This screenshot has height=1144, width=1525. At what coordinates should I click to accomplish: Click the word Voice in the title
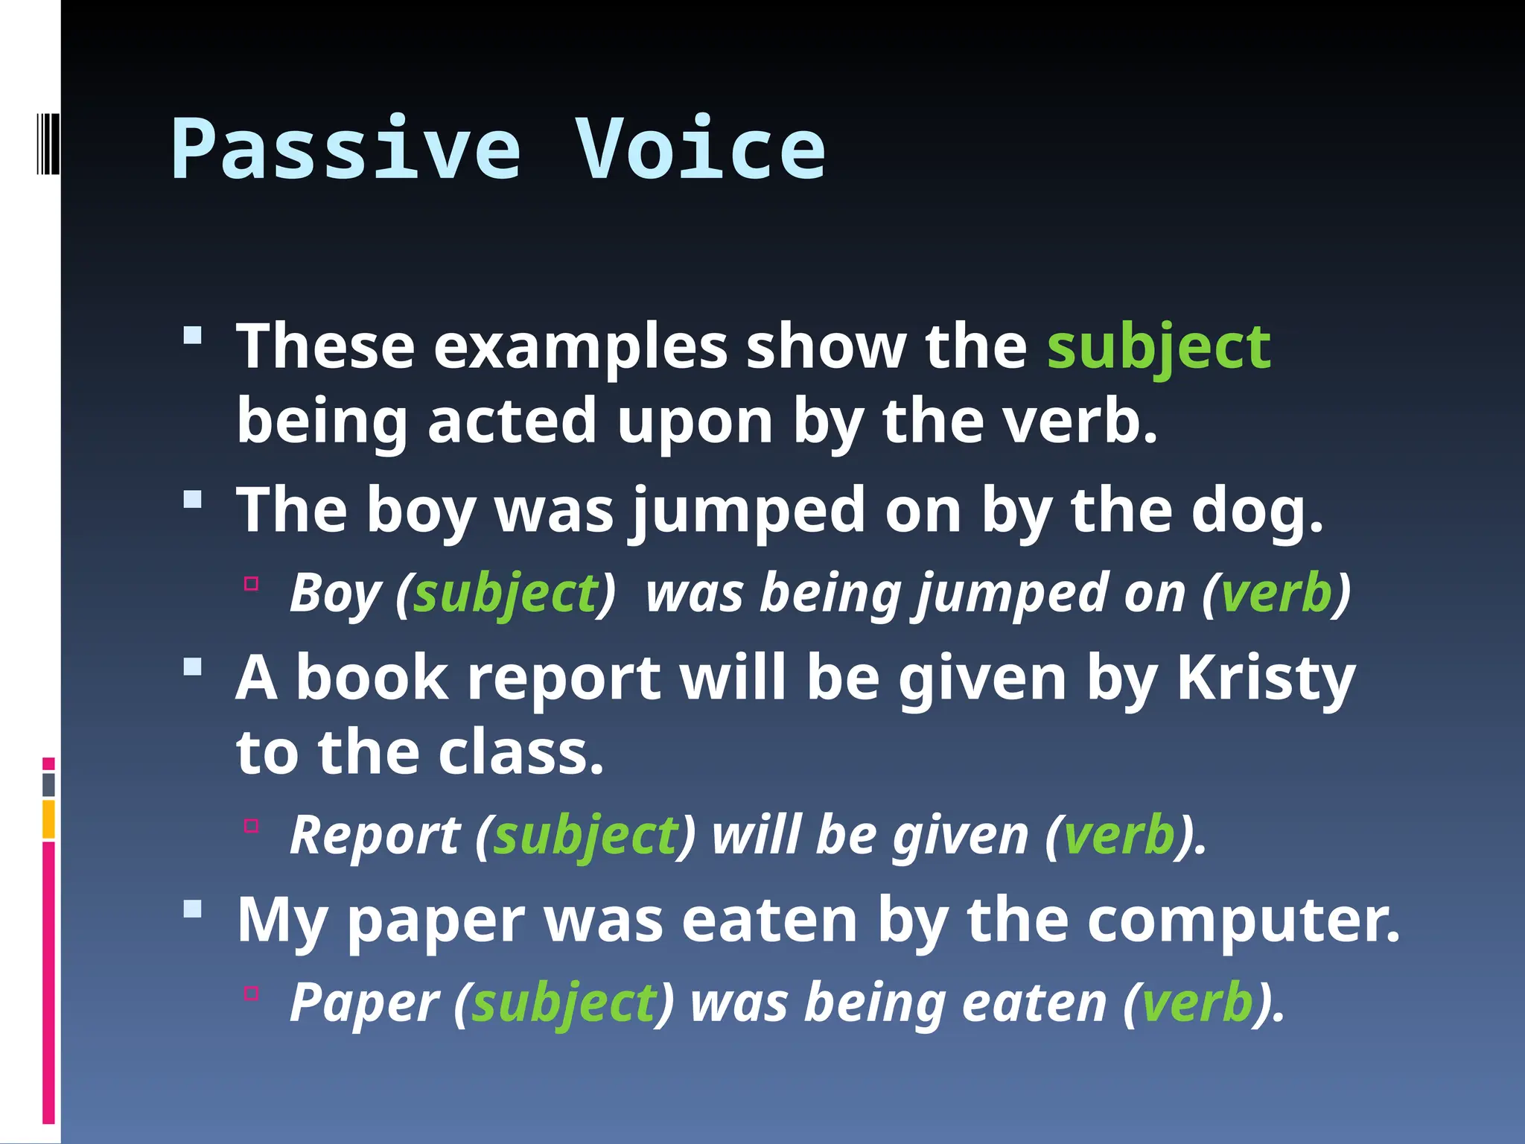[700, 150]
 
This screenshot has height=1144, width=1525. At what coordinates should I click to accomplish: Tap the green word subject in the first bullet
[1159, 347]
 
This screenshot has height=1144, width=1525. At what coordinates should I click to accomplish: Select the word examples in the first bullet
[580, 347]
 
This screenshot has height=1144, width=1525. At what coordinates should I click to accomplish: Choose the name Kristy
[1265, 679]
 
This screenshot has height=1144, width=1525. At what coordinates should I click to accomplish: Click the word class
[520, 753]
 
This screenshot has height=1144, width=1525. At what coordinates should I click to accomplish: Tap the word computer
[1244, 921]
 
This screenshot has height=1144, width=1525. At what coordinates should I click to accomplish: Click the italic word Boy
[335, 594]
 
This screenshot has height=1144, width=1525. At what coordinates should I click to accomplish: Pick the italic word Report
[375, 835]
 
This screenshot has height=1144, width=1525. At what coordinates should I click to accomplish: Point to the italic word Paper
[365, 1002]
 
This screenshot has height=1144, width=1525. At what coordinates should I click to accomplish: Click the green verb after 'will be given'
[1118, 835]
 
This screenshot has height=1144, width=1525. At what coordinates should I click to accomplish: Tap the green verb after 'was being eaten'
[1197, 1002]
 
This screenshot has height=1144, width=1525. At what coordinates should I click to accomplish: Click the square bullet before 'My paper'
[193, 909]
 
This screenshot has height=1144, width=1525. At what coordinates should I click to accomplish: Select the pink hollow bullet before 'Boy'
[251, 584]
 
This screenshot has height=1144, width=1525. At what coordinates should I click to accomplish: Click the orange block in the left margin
[48, 819]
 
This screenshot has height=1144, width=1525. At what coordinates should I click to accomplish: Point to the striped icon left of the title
[48, 143]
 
